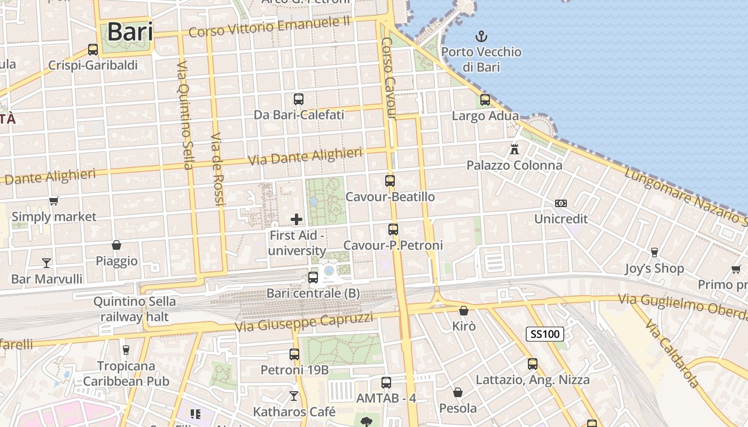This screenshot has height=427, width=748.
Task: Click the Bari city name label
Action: tap(130, 32)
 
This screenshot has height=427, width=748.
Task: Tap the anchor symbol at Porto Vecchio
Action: tap(481, 36)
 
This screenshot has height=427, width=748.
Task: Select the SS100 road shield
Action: tap(545, 335)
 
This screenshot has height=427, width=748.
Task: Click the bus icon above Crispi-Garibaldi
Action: tap(93, 50)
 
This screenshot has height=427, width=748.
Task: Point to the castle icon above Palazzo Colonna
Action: tap(515, 149)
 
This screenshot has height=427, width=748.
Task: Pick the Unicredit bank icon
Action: tap(560, 203)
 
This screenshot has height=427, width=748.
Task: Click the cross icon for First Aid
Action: tap(297, 219)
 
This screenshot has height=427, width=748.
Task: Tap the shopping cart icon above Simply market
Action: tap(53, 201)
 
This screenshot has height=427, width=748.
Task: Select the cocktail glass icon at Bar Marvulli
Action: tap(46, 263)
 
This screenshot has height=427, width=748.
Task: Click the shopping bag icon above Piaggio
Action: tap(116, 245)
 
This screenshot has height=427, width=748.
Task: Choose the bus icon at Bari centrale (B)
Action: tap(313, 278)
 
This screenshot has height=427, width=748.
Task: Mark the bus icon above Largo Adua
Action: tap(485, 100)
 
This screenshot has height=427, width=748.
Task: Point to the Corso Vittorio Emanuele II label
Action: tap(269, 26)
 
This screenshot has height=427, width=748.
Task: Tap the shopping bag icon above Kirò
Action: tap(464, 310)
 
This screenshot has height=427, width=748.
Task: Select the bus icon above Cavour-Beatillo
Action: tap(390, 181)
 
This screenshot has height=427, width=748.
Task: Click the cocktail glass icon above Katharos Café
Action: tap(294, 396)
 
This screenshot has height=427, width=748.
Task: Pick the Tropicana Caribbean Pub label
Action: tap(126, 374)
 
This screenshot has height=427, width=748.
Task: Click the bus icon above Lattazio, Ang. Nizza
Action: tap(533, 364)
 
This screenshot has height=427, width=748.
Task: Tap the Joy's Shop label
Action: tap(654, 268)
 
